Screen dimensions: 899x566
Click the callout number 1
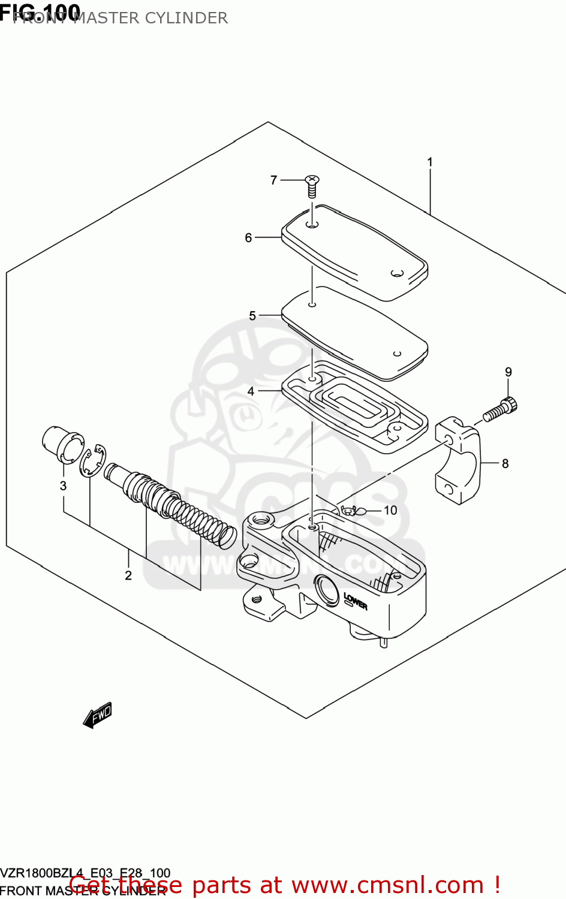coord(429,162)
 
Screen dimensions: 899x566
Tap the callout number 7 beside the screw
coord(274,180)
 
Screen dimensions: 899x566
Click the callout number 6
coord(248,238)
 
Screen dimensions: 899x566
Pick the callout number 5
coord(252,316)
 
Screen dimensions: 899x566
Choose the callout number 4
coord(251,391)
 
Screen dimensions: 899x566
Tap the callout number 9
coord(508,372)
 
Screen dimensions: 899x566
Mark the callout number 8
coord(505,463)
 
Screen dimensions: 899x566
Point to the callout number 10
coord(390,510)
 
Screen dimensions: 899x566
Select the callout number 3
coord(63,485)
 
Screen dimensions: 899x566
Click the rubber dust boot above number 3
coord(59,444)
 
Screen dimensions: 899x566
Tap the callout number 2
coord(128,575)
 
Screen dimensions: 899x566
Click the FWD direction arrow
coord(97,715)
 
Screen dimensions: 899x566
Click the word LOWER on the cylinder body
coord(356,601)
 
